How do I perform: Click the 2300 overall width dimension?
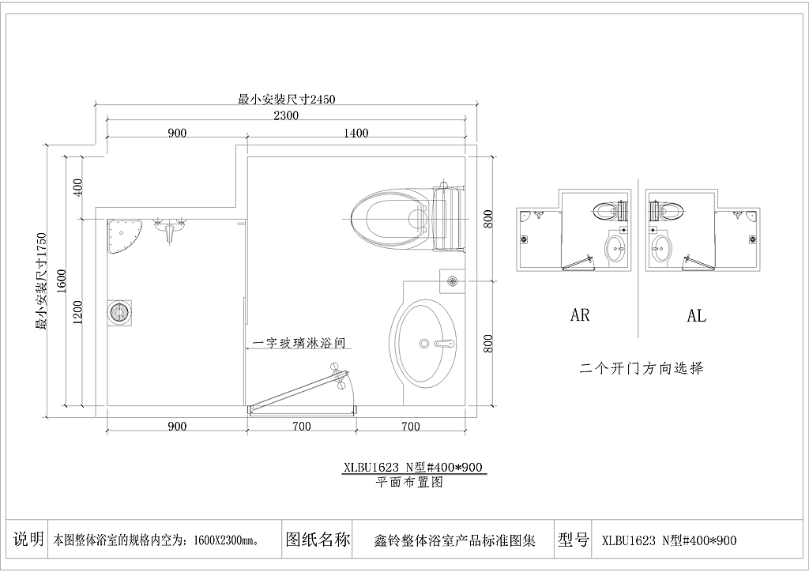[286, 115]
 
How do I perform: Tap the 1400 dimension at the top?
[356, 133]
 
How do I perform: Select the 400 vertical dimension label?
[77, 187]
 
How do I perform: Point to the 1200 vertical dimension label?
[77, 313]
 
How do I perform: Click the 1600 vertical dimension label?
[62, 281]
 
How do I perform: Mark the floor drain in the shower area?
[120, 313]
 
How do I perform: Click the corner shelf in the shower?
[122, 235]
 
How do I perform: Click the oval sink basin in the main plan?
[423, 344]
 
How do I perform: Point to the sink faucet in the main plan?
[444, 342]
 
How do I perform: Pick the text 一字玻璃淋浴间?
[299, 343]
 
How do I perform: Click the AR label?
[580, 314]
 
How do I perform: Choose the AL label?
[696, 315]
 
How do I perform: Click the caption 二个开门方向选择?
[642, 368]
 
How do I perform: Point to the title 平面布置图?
[409, 482]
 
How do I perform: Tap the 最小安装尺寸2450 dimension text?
[286, 99]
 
